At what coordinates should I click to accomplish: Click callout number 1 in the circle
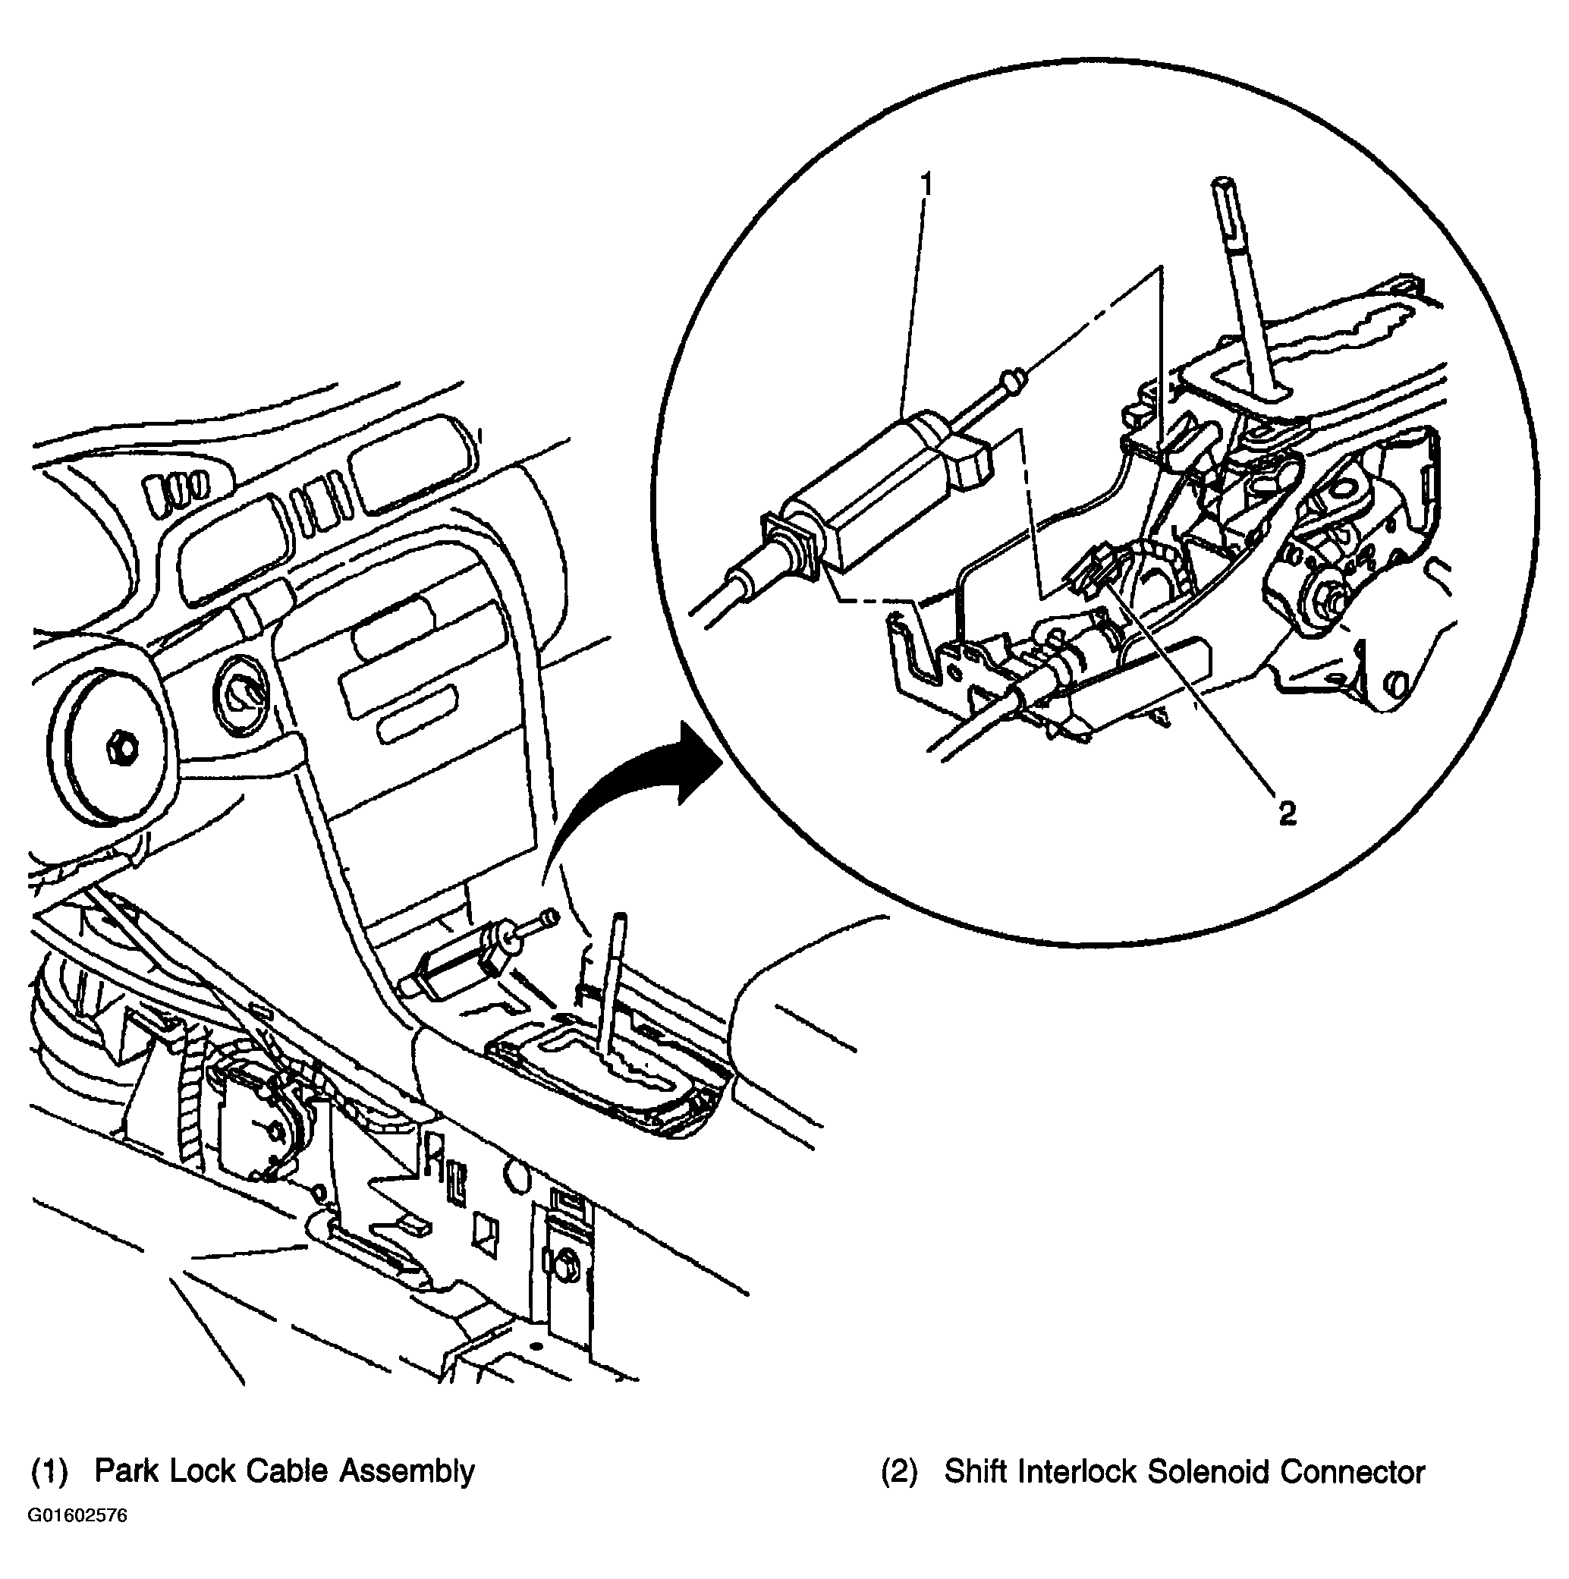click(x=926, y=184)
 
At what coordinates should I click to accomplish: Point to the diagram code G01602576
click(x=78, y=1538)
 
